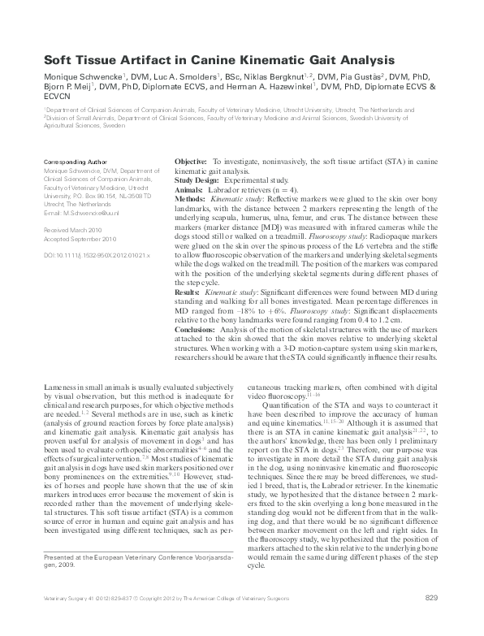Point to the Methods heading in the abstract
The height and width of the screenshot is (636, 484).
[x=189, y=198]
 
